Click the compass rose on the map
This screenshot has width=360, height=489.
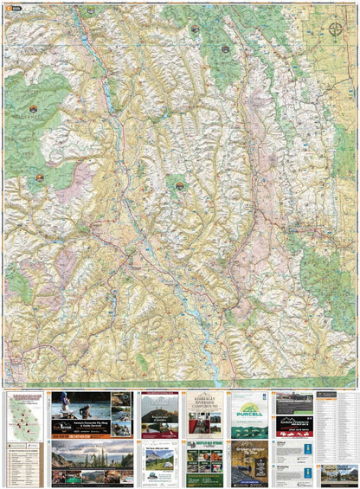tap(335, 32)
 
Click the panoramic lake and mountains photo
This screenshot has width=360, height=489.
tap(92, 454)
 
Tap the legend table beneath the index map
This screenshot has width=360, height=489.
tap(26, 460)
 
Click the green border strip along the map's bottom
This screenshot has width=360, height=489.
tap(180, 387)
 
